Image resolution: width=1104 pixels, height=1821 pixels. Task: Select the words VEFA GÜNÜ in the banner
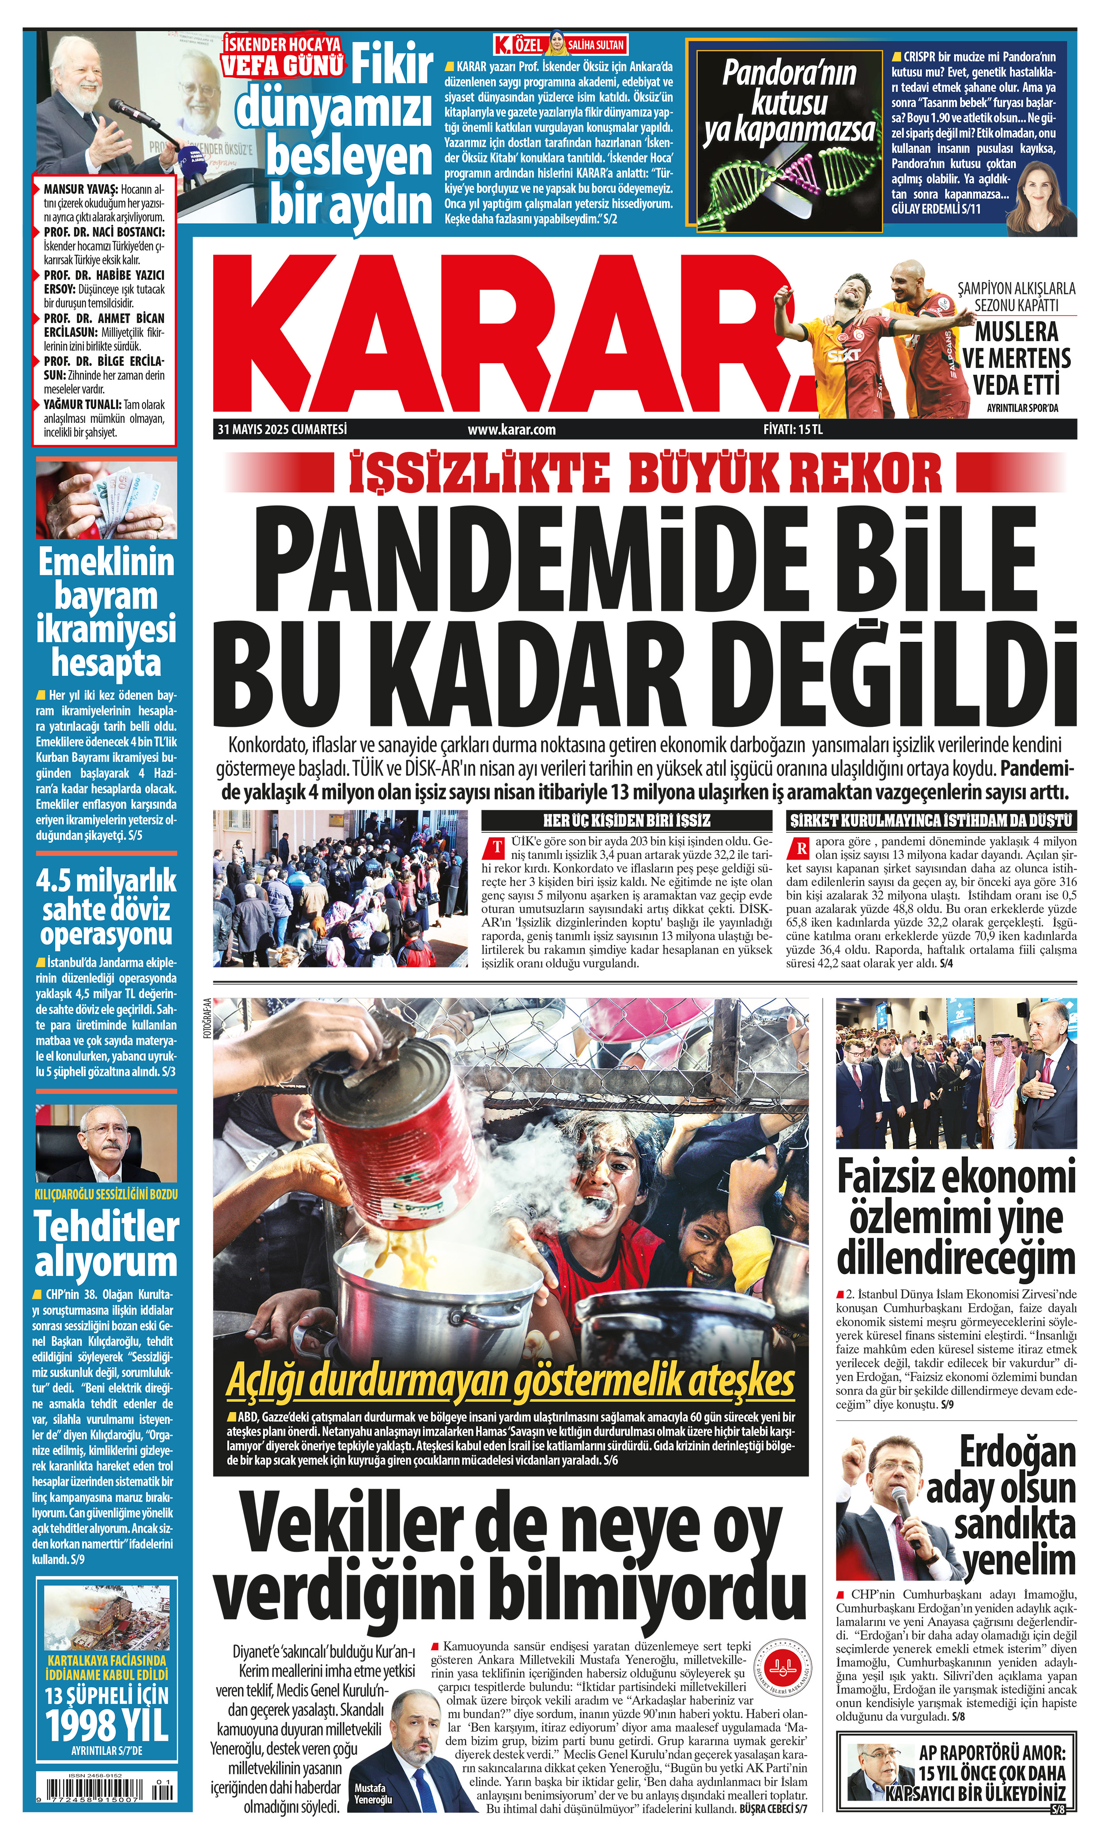283,66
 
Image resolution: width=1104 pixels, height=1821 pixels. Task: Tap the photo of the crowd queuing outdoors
340,888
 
